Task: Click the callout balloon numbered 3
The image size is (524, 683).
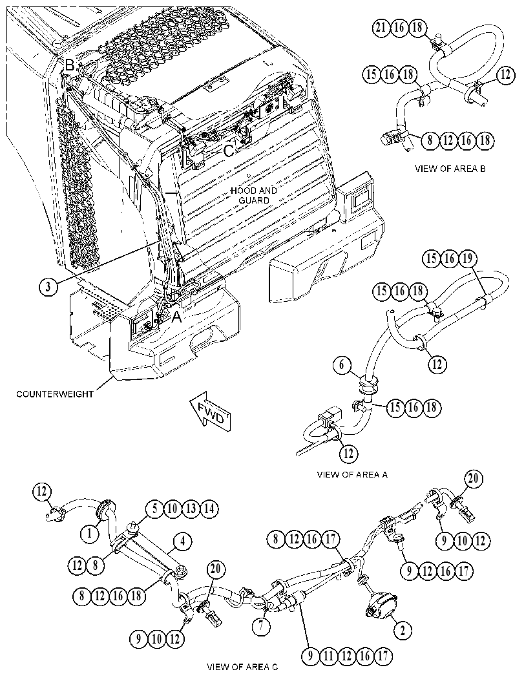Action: click(x=49, y=286)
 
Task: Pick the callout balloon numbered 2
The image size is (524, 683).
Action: click(x=403, y=630)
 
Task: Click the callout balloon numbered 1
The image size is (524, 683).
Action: click(x=90, y=532)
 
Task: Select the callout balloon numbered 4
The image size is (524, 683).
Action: click(x=182, y=542)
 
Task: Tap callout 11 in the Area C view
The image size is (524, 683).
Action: click(x=328, y=656)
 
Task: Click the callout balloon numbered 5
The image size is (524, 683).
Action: click(x=154, y=509)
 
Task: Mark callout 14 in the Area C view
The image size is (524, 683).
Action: click(x=209, y=509)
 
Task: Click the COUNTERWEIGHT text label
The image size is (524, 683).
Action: click(x=55, y=394)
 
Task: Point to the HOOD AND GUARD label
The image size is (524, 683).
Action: click(x=253, y=195)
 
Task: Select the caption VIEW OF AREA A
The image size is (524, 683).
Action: click(x=352, y=474)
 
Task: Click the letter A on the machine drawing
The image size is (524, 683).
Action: click(x=176, y=317)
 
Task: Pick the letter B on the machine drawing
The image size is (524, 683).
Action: click(x=70, y=65)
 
